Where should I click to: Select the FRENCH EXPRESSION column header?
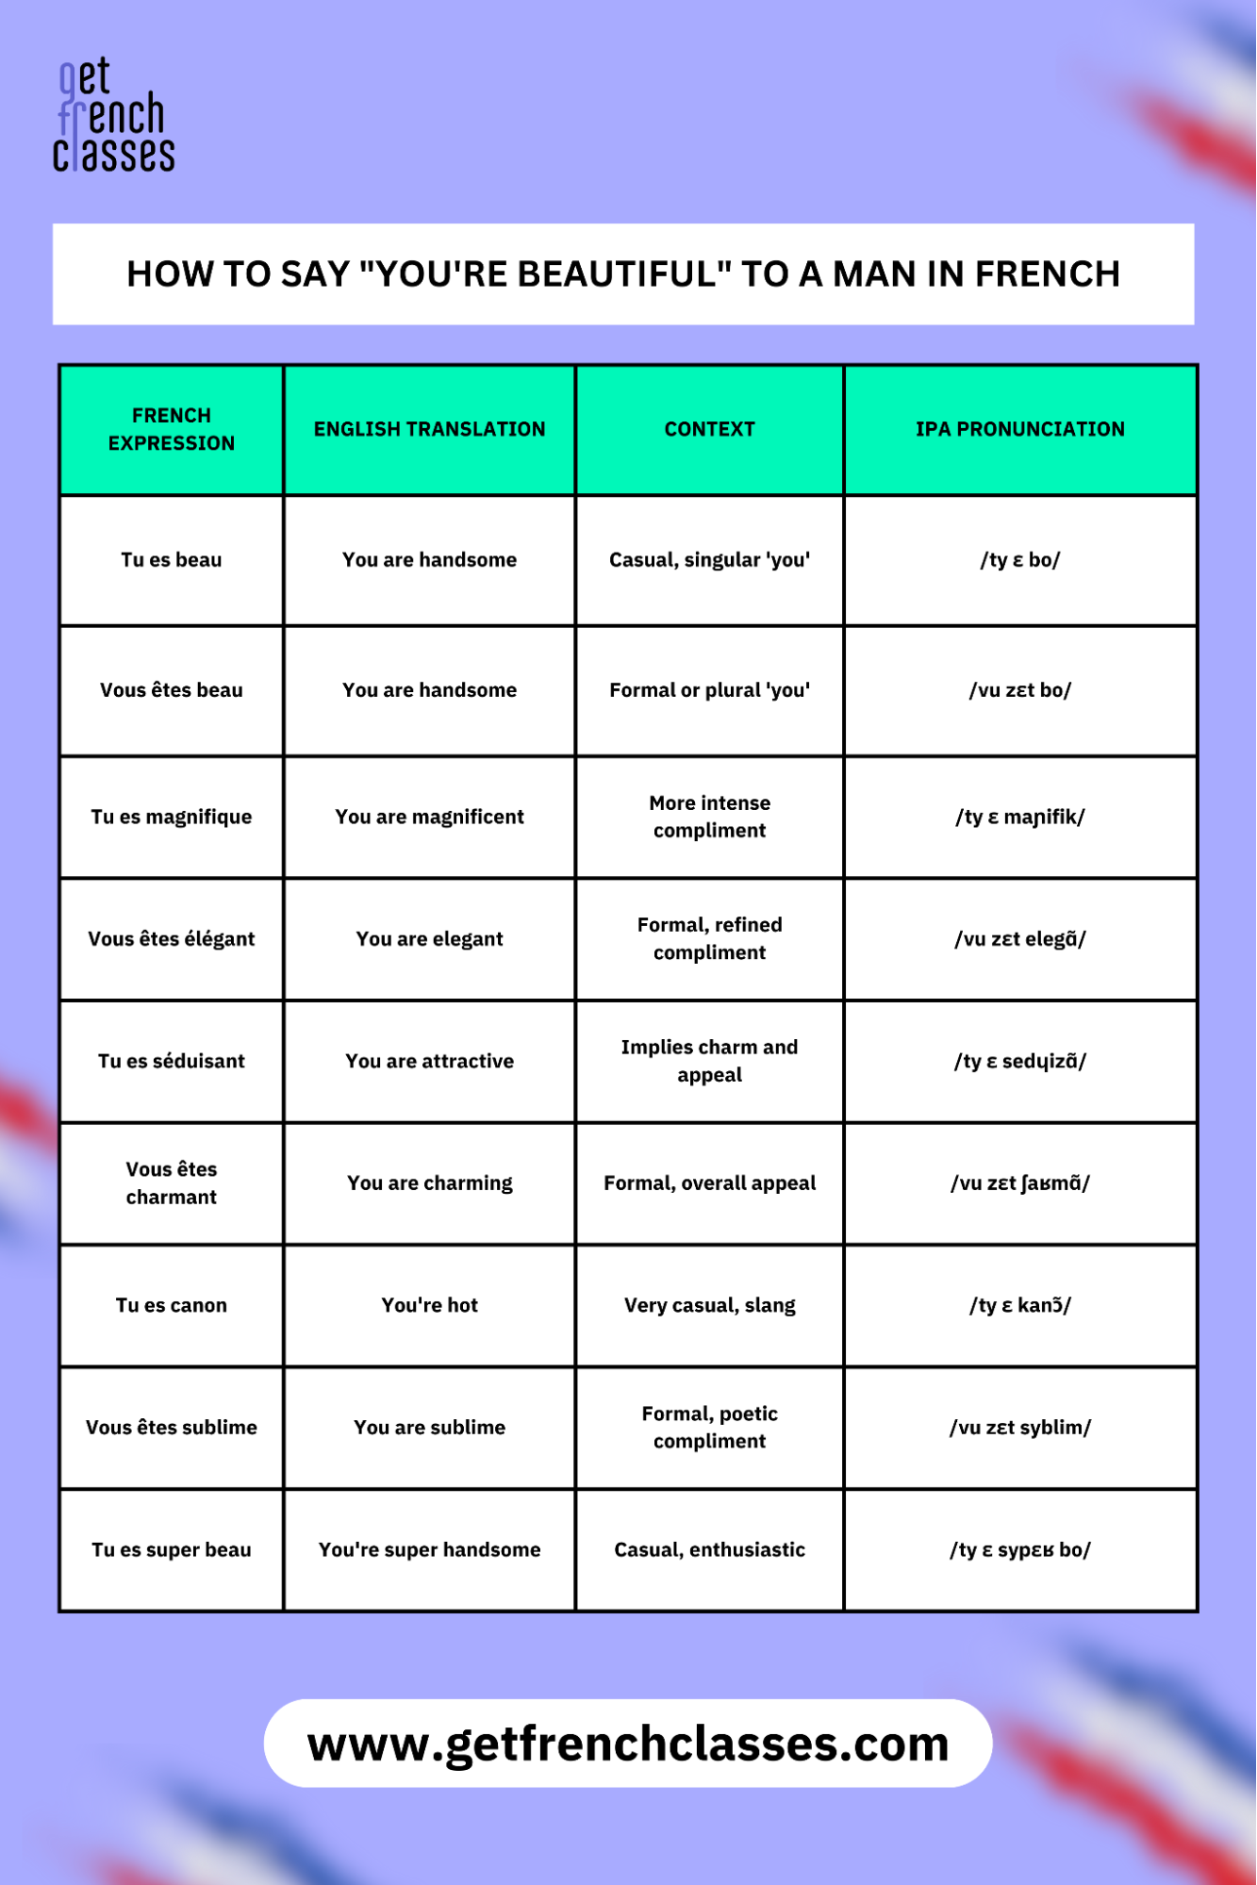point(172,429)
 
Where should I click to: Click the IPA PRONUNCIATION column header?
point(1019,429)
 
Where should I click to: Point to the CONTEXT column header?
point(709,429)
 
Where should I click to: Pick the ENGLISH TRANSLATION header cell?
point(429,429)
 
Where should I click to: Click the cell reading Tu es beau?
point(172,560)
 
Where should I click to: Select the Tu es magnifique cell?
point(172,817)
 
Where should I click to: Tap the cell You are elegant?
point(429,939)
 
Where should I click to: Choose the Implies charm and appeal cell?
point(709,1061)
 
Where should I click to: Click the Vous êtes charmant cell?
point(172,1182)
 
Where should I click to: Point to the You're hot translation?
point(429,1305)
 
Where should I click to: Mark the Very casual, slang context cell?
point(709,1305)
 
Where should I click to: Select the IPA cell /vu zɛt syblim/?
point(1019,1428)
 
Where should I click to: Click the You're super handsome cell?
point(429,1549)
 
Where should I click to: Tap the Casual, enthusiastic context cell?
point(709,1549)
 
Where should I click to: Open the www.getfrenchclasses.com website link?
point(628,1744)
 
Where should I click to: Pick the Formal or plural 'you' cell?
point(709,690)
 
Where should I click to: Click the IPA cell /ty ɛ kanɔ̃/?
point(1019,1305)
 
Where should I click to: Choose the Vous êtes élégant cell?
point(172,939)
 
